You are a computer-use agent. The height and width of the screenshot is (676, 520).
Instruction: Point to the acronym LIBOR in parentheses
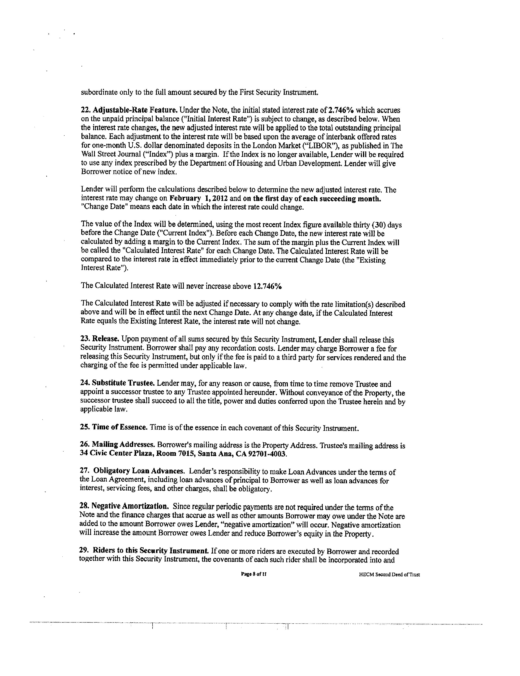[321, 146]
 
